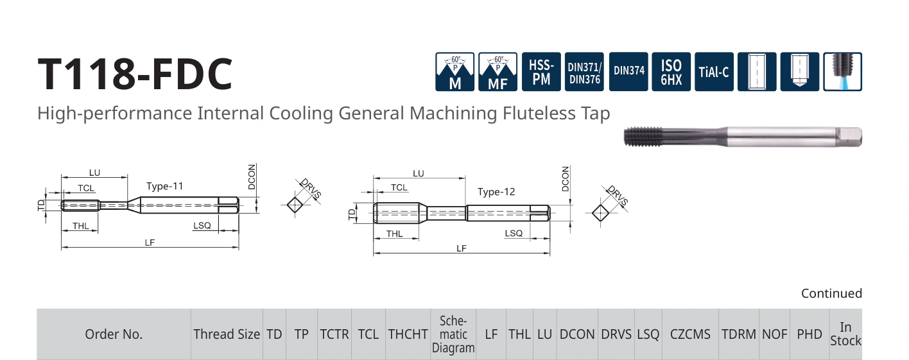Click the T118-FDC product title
click(135, 74)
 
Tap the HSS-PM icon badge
click(541, 72)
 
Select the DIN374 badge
click(628, 72)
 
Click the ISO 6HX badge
click(671, 72)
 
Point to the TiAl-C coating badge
click(714, 72)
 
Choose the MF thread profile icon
click(498, 72)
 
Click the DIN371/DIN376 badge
click(584, 72)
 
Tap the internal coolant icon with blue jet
click(842, 72)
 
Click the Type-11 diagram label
click(165, 186)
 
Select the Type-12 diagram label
click(496, 192)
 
